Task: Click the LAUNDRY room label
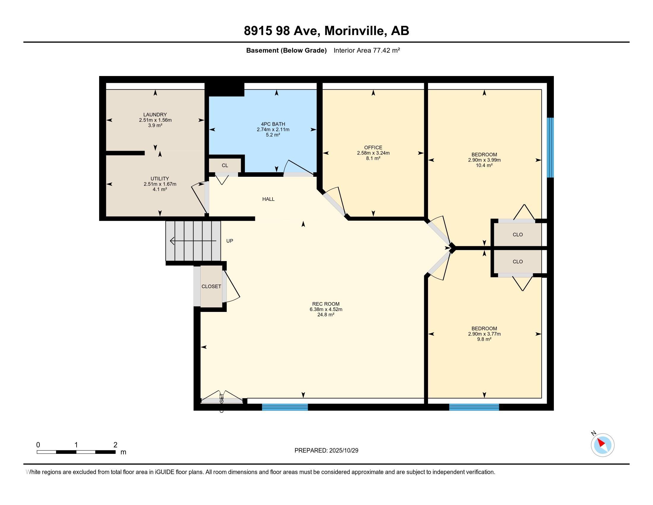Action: point(155,115)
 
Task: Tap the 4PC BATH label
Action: point(273,124)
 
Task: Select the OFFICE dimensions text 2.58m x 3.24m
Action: point(373,153)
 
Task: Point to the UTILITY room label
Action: point(160,179)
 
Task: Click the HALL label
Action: point(268,199)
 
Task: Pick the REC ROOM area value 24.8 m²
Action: point(326,315)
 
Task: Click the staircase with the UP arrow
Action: point(193,241)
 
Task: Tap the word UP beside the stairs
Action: point(229,241)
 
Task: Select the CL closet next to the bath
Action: point(225,165)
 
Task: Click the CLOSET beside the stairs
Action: point(211,286)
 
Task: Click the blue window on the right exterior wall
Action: point(550,148)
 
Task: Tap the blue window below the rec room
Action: point(285,407)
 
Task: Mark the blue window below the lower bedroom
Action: point(474,407)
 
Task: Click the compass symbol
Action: point(602,445)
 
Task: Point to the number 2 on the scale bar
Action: point(115,445)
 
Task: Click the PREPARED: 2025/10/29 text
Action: point(326,451)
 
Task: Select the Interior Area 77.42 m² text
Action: point(367,50)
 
